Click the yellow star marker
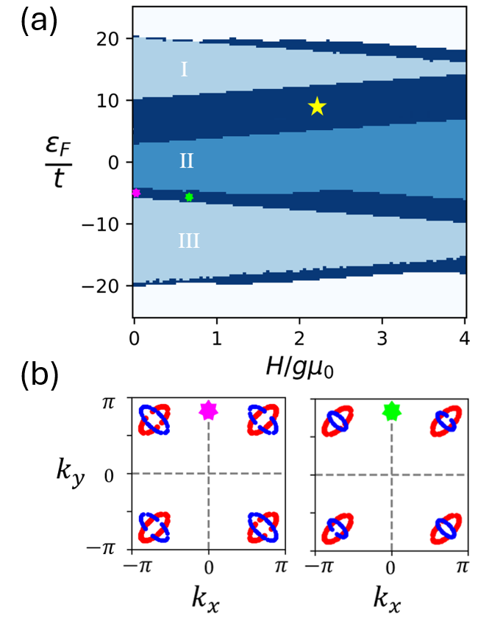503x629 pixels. pos(317,107)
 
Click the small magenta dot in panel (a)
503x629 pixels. pos(136,193)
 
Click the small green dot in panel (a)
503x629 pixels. pos(190,197)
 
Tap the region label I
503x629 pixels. pos(184,70)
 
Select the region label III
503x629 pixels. pos(188,241)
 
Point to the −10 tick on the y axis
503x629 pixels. pos(107,223)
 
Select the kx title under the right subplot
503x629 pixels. pos(390,603)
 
